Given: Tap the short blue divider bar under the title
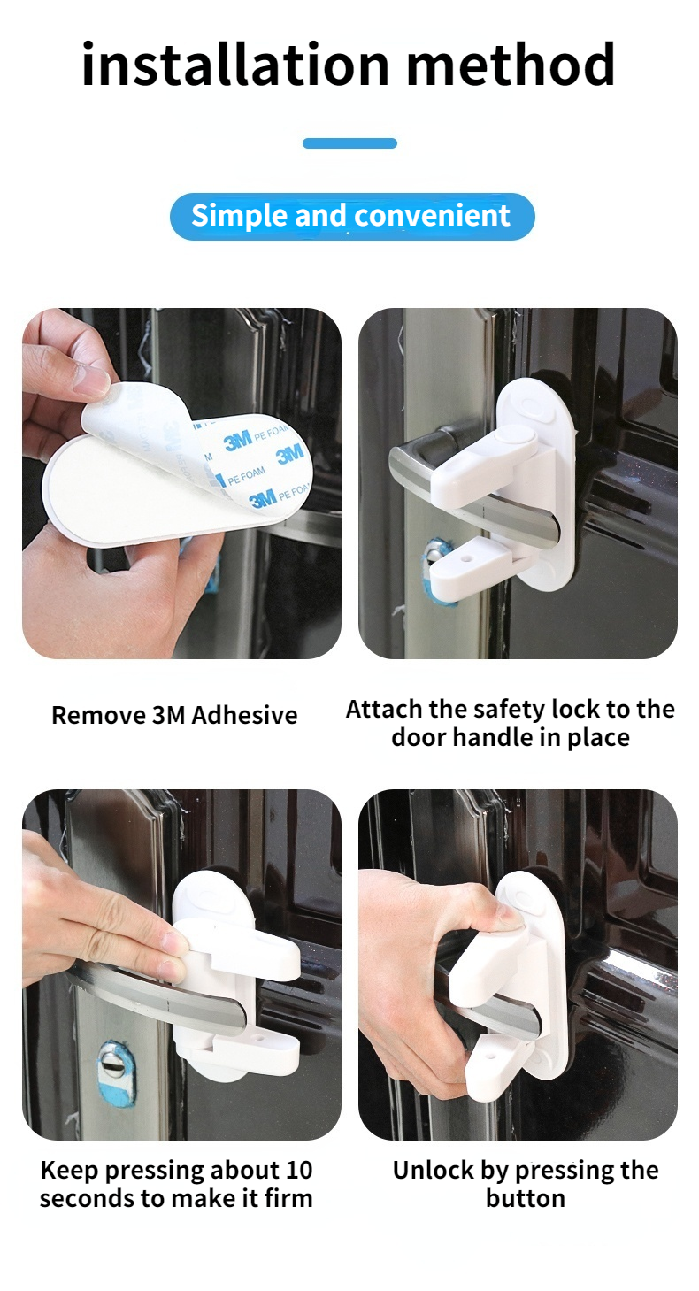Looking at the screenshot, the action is [x=349, y=143].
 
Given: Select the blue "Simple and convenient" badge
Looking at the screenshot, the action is [x=352, y=216].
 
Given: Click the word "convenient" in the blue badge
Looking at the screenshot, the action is [x=432, y=216].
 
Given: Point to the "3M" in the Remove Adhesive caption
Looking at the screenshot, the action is [x=168, y=715].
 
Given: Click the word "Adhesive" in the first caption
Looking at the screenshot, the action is [x=244, y=715].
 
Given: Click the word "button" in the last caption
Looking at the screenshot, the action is [x=525, y=1199].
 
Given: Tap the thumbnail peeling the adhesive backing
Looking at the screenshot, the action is [x=181, y=483].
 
